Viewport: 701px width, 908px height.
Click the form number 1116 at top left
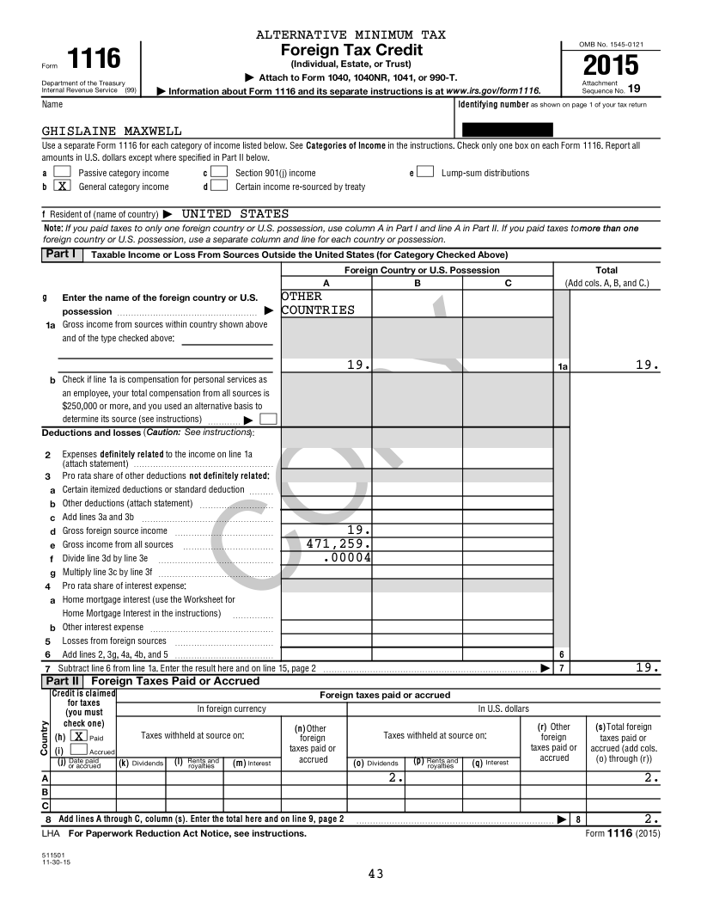94,59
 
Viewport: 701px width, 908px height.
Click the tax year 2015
610,65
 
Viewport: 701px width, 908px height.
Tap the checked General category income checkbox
62,186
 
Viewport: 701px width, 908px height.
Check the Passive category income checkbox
62,172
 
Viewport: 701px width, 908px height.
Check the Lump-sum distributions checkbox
424,172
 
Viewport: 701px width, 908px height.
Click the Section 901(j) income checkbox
219,172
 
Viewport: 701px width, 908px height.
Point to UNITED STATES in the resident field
235,213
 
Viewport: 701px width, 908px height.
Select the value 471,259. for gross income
338,543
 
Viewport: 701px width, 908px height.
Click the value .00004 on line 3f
347,557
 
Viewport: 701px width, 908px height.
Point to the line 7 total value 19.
648,667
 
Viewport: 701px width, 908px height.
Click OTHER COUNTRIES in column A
317,303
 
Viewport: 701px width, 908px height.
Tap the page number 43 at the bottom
375,874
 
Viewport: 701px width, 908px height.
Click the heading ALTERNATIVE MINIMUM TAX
351,34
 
